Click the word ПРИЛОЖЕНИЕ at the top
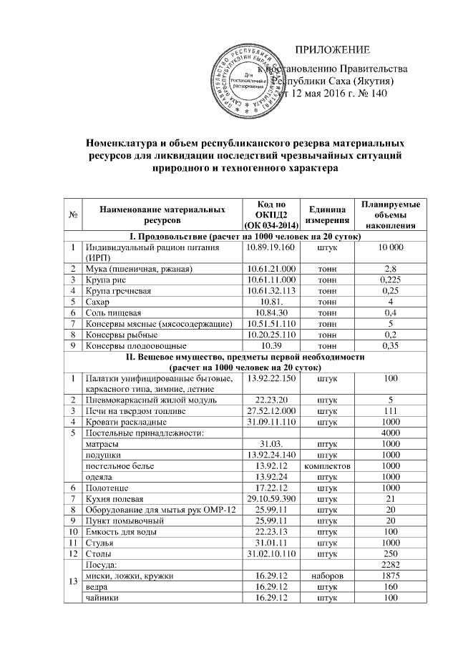pyautogui.click(x=333, y=50)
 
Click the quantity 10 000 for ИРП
pyautogui.click(x=391, y=247)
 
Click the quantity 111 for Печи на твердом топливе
pyautogui.click(x=391, y=410)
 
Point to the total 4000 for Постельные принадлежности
pyautogui.click(x=391, y=433)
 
